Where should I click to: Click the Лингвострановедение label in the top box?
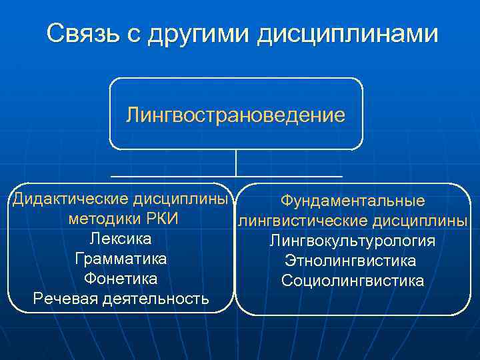[235, 115]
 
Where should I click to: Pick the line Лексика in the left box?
[121, 239]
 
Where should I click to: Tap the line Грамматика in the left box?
[121, 259]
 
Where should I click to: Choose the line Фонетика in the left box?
[121, 278]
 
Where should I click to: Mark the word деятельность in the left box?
[155, 299]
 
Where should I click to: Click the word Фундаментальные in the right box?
[352, 201]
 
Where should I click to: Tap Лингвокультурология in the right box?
[352, 241]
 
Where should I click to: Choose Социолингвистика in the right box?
[352, 281]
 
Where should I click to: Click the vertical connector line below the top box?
[236, 163]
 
